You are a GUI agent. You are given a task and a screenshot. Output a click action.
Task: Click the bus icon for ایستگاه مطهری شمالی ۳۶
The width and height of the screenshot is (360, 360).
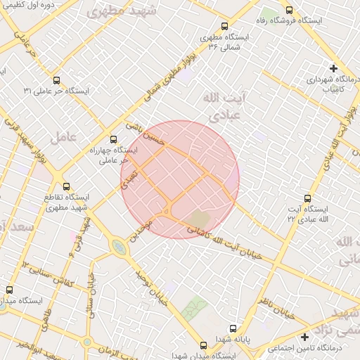pos(224,25)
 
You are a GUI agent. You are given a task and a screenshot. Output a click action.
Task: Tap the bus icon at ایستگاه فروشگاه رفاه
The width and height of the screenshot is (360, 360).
pos(289,11)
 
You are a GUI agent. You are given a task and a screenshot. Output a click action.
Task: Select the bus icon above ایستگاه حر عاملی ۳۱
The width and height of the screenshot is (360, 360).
pos(56,80)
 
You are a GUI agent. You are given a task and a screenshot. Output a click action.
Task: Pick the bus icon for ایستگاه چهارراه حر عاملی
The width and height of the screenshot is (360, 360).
pos(113,139)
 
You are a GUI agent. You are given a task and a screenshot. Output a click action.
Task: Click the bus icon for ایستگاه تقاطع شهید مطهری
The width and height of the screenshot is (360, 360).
pos(67,187)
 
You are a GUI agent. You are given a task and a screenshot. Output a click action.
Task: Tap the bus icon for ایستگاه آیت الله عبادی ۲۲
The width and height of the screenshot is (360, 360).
pos(307,199)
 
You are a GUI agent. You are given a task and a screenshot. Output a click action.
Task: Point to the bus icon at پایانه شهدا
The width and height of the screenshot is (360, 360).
pos(233,328)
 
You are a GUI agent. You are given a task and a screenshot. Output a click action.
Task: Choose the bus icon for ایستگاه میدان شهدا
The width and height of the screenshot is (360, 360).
pos(203,346)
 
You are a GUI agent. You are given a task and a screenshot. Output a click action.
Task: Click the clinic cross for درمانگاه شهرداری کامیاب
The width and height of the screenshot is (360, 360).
pos(333,68)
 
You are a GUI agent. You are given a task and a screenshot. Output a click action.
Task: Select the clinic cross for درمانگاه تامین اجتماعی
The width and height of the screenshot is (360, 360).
pos(304,337)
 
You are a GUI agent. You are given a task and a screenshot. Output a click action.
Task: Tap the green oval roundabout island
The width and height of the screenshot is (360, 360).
pos(118,247)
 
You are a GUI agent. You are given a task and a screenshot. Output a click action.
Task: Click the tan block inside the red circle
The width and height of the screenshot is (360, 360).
pos(200,219)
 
